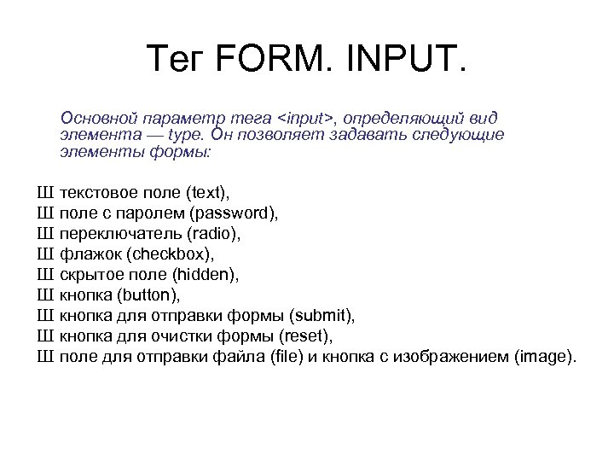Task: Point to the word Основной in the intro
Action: pyautogui.click(x=93, y=118)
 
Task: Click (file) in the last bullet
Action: pyautogui.click(x=278, y=357)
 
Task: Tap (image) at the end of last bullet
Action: pyautogui.click(x=545, y=357)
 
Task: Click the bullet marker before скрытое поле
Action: pyautogui.click(x=45, y=275)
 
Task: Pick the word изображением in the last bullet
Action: pyautogui.click(x=460, y=357)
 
